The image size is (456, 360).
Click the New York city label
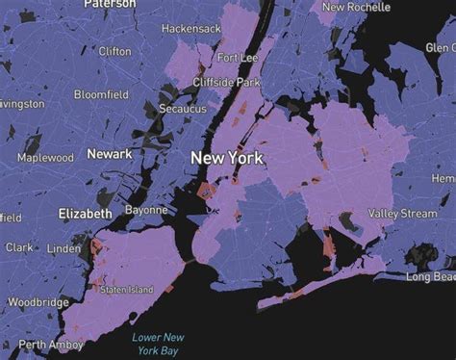230,157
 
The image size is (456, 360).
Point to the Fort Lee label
237,58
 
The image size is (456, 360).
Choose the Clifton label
114,51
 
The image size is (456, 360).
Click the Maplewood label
45,157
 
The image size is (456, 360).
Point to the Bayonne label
145,210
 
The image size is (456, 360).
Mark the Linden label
64,249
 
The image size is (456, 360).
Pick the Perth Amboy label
47,345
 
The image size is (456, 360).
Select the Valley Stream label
402,213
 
